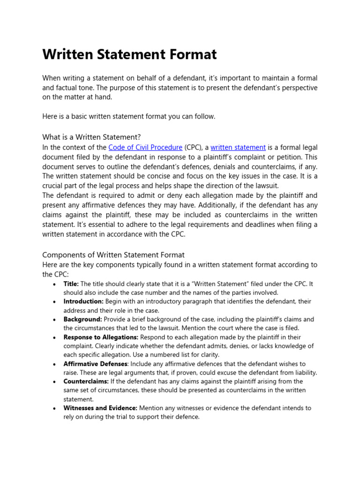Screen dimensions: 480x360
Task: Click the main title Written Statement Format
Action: coord(129,54)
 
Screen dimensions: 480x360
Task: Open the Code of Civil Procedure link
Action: coord(145,147)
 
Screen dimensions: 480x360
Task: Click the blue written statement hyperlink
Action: coord(238,147)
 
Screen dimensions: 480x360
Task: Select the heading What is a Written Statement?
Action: coord(91,137)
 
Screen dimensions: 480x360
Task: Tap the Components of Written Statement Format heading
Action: coord(113,255)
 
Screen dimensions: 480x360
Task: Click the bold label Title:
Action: coord(71,284)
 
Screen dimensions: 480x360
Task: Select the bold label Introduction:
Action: coord(83,301)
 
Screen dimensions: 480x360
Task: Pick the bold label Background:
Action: coord(82,319)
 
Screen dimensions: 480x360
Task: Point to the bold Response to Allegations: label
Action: coord(101,337)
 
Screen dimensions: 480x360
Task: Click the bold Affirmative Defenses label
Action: coord(95,364)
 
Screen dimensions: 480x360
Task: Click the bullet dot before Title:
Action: coord(56,285)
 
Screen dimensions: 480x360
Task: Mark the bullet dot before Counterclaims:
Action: coord(56,382)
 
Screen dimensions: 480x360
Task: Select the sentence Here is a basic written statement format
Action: coord(129,117)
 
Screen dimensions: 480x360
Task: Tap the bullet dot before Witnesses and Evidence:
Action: coord(56,409)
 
